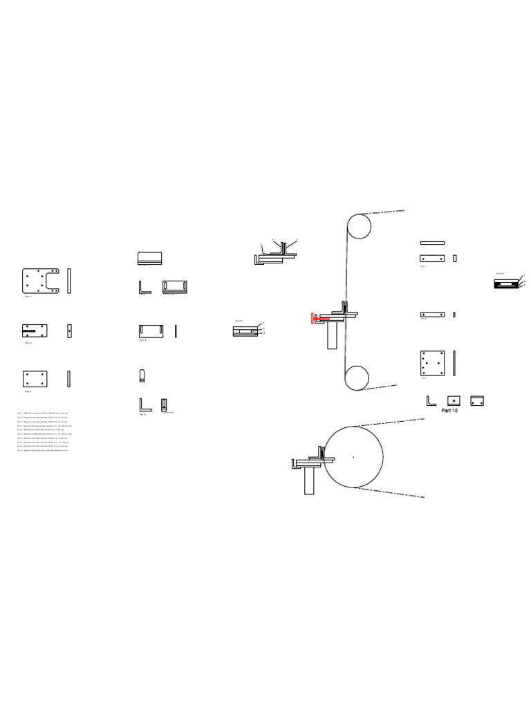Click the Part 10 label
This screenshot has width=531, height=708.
coord(449,410)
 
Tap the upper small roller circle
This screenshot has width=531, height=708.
coord(359,226)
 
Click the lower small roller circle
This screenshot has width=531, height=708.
coord(357,378)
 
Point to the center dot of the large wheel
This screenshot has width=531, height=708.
coord(353,456)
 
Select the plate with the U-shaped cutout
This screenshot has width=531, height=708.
coord(41,280)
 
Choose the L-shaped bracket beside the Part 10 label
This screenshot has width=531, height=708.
coord(431,400)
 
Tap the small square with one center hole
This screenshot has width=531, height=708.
coord(454,400)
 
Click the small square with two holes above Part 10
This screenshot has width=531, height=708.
coord(476,400)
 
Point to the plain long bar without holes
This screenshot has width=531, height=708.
coord(432,243)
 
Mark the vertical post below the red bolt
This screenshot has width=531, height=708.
coord(333,337)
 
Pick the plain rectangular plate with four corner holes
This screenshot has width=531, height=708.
coord(35,378)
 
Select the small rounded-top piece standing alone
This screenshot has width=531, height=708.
coord(142,376)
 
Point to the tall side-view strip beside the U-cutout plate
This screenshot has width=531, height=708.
coord(68,280)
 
